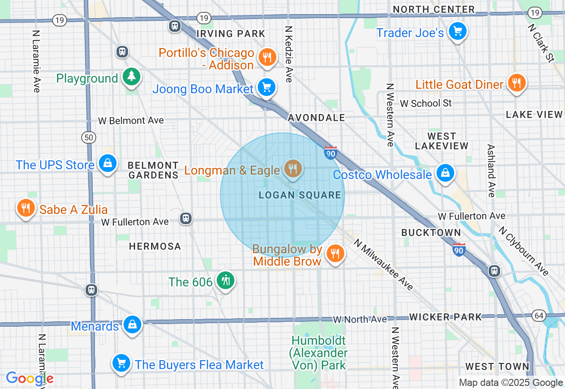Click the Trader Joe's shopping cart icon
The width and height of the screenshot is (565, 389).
[458, 31]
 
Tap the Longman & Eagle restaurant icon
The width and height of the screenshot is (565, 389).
[292, 168]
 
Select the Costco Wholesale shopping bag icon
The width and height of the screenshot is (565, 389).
[445, 173]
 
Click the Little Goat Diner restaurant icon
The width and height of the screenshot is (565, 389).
[516, 83]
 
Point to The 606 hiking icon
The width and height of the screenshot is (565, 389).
[226, 280]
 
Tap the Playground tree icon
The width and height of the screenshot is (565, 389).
[131, 76]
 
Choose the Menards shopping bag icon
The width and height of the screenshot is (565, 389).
[132, 324]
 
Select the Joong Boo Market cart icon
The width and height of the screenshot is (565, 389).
[266, 88]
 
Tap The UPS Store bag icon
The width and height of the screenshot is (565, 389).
[107, 163]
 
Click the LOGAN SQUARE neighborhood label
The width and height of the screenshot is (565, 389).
[300, 195]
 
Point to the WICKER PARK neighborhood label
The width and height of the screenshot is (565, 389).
[445, 317]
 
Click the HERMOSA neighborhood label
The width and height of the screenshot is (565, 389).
[155, 246]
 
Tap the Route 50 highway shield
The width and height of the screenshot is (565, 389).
[89, 137]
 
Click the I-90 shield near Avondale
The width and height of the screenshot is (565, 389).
[330, 153]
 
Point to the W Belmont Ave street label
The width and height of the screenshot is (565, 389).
[131, 120]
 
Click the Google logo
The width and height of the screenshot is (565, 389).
[30, 378]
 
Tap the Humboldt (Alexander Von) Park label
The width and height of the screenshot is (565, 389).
[319, 353]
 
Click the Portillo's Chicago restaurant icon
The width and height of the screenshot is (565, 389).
[267, 57]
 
